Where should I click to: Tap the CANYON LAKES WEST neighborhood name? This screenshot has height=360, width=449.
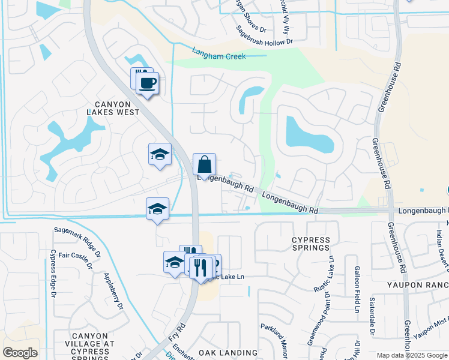(113, 108)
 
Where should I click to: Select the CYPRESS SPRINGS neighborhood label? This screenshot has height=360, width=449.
(311, 243)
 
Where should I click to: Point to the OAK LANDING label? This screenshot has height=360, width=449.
(228, 353)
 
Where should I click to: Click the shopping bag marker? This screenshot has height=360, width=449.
(204, 164)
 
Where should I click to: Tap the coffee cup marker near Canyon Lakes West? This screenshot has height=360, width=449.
(147, 82)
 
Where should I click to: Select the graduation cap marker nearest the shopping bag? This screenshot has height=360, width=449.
(160, 154)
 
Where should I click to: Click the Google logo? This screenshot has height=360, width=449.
(20, 353)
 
